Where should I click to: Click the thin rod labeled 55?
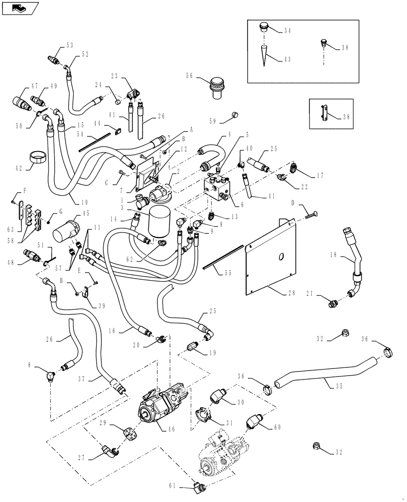point(223,257)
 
